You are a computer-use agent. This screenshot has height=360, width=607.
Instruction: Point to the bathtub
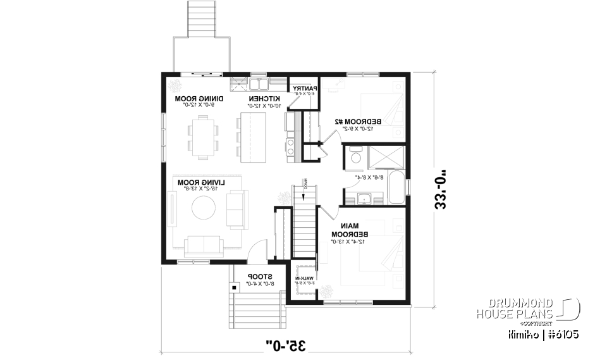[x=397, y=187]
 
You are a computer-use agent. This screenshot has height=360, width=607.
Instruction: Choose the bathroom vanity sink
[x=364, y=199]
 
